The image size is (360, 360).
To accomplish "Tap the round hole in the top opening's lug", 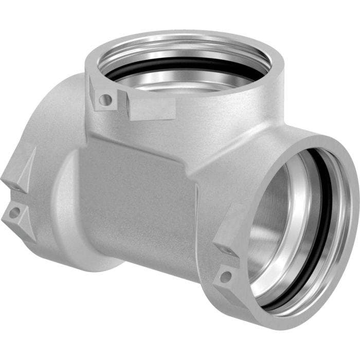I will (x=105, y=99).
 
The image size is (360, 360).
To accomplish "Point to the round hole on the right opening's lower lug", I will (x=225, y=276).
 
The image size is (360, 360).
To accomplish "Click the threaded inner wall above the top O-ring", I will (x=170, y=51).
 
